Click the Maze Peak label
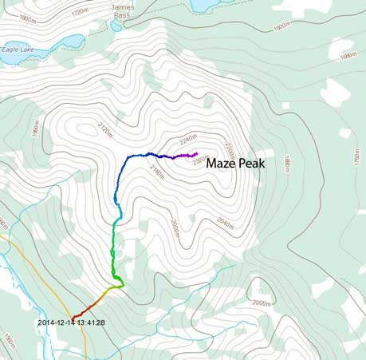[x=234, y=163]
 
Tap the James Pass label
[x=121, y=9]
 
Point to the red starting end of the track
[x=73, y=315]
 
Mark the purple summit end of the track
[x=195, y=153]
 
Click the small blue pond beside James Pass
[x=116, y=26]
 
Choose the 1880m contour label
[x=289, y=163]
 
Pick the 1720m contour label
[x=80, y=14]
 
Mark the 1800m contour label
[x=27, y=18]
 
